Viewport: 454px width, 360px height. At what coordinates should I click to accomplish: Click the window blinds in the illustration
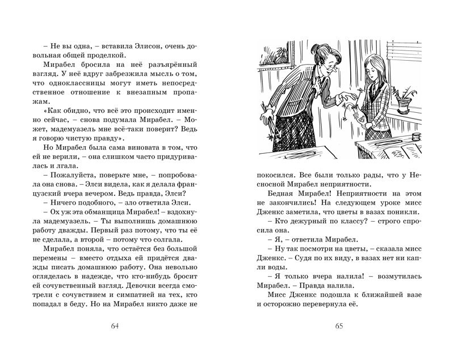(x=397, y=62)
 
